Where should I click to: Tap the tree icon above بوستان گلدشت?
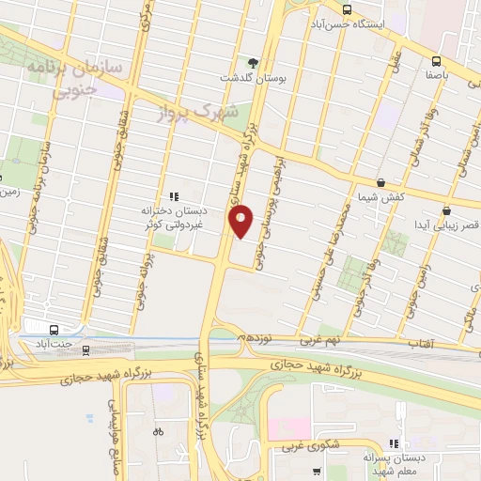tap(253, 62)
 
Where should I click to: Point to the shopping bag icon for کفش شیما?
tap(380, 182)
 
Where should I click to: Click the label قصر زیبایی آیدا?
tap(452, 225)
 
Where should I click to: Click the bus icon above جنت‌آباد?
tap(54, 330)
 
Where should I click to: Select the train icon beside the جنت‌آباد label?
tap(87, 349)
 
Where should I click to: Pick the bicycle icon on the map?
tap(158, 432)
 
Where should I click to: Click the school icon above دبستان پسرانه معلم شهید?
tap(395, 442)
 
